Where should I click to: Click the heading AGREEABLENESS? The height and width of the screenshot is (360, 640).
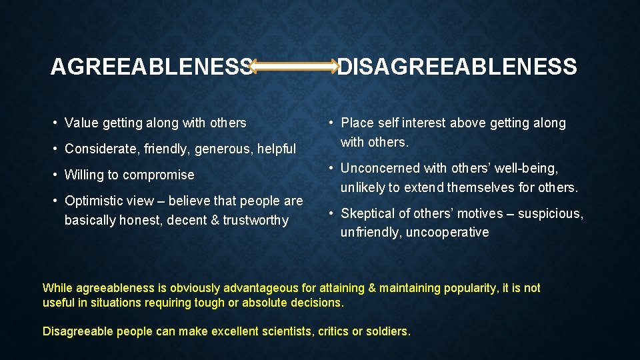152,67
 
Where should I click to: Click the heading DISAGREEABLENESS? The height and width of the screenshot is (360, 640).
457,67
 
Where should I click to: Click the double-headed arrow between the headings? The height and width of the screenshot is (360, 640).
296,65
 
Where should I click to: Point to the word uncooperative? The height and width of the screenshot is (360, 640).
449,232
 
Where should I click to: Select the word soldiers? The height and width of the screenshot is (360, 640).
387,331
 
